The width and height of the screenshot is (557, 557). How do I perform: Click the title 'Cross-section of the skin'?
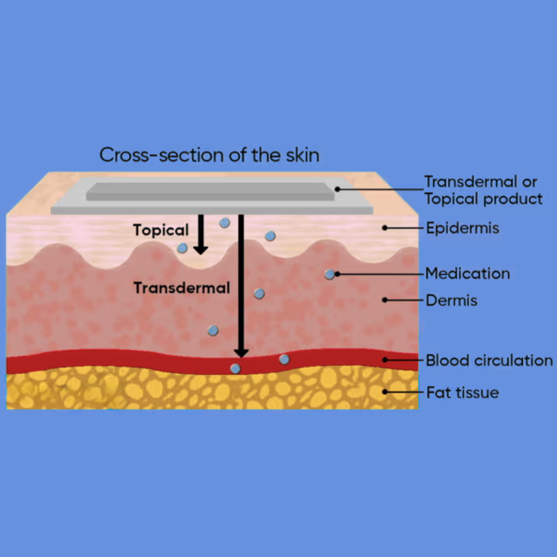click(209, 155)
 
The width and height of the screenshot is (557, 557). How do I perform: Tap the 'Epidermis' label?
click(463, 228)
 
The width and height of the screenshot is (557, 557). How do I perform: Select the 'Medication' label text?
click(467, 273)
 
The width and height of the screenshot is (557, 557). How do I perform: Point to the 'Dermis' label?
click(451, 301)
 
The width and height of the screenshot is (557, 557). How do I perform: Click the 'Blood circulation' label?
click(489, 360)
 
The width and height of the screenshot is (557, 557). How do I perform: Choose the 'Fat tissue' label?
click(463, 392)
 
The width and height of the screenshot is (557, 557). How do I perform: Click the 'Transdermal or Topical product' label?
click(483, 190)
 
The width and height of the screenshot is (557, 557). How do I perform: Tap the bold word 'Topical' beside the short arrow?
click(161, 230)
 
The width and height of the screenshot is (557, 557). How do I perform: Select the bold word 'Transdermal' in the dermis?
click(182, 288)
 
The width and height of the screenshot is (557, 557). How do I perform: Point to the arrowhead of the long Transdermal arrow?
click(241, 352)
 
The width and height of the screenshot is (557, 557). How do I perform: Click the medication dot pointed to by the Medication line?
click(330, 274)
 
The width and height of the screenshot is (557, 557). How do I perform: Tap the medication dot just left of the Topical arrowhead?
click(182, 248)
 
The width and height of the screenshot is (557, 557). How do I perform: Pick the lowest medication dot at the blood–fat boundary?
click(235, 369)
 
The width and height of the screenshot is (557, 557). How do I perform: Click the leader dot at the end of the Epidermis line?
click(385, 228)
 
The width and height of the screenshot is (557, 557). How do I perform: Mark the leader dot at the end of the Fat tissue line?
click(385, 392)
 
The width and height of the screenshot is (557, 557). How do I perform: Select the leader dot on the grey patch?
click(337, 189)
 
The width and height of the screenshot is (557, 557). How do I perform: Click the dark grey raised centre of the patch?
click(210, 192)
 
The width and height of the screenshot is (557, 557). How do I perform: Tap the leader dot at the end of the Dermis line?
click(385, 300)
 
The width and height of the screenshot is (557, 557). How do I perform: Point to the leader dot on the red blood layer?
click(385, 360)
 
